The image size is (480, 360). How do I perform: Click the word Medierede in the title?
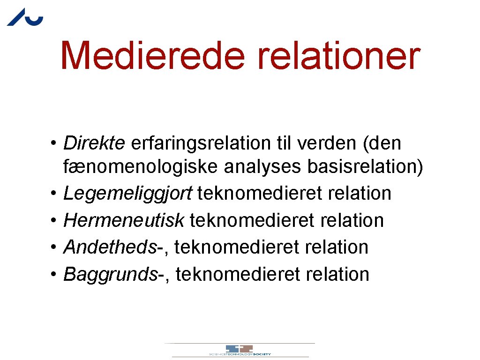pyautogui.click(x=153, y=56)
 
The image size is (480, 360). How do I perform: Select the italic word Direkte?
pyautogui.click(x=94, y=143)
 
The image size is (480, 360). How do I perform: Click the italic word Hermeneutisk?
pyautogui.click(x=123, y=220)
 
